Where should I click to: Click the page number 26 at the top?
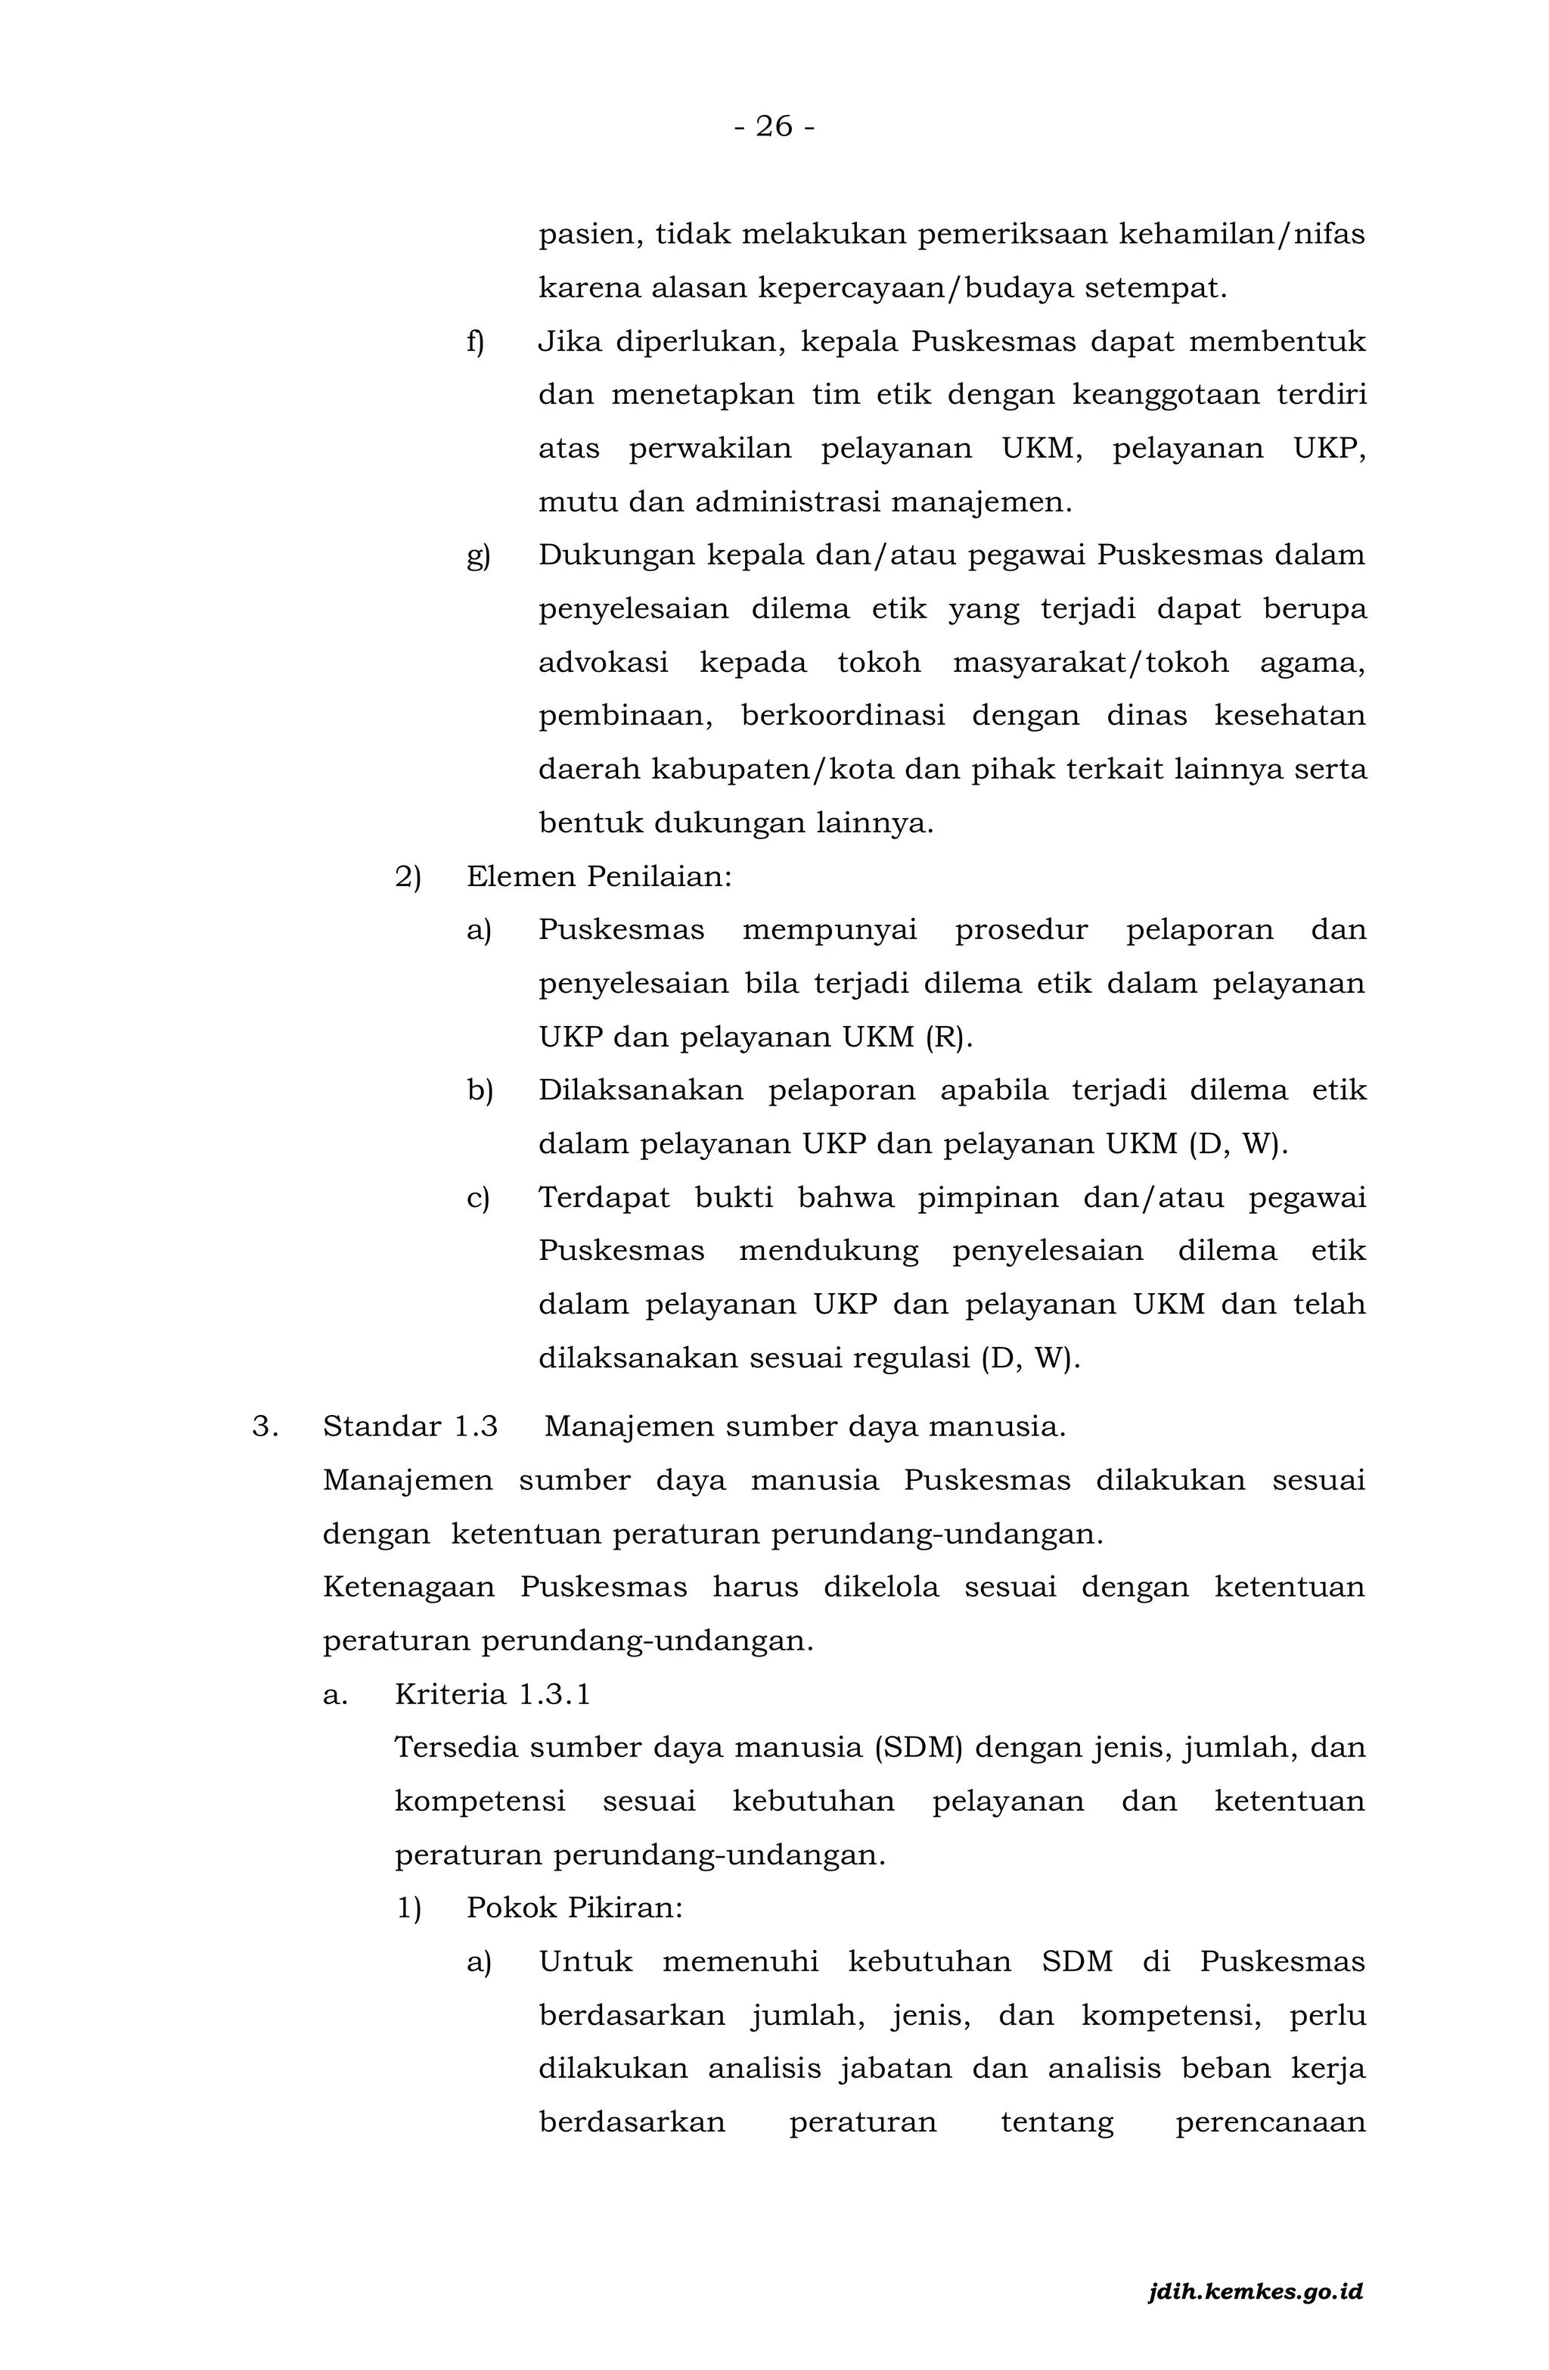pos(774,126)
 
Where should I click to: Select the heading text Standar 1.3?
pos(410,1427)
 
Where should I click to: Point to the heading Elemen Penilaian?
pos(599,877)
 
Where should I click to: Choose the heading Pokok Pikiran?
pos(574,1908)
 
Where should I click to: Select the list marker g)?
pos(478,555)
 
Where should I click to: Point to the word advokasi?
pos(604,663)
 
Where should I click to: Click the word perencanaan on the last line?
pos(1270,2122)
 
